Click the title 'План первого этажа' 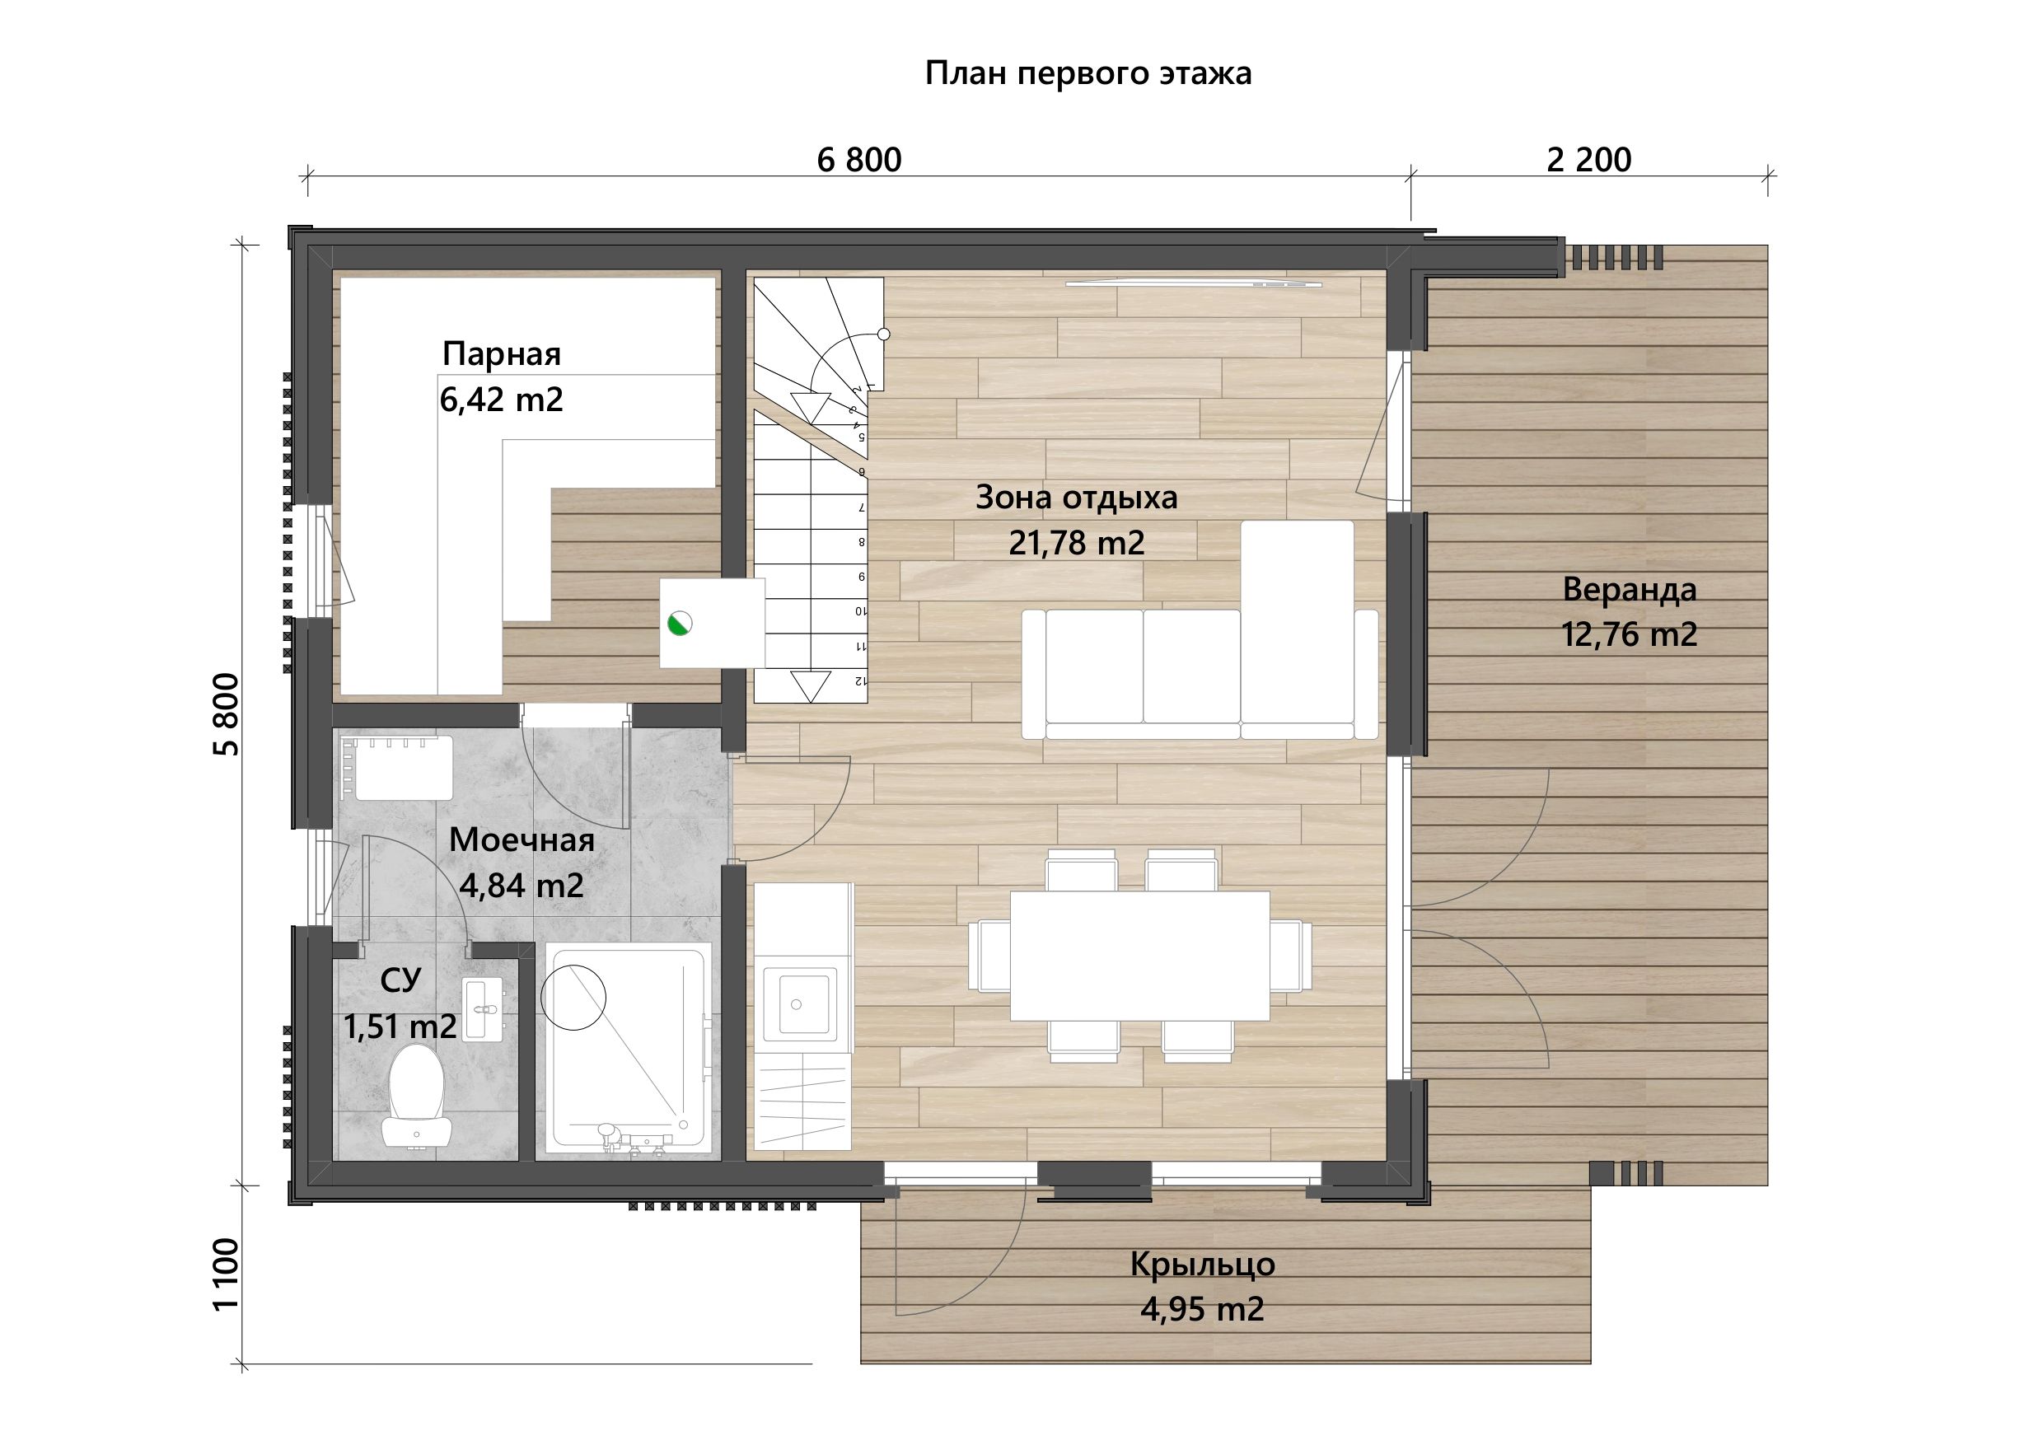pyautogui.click(x=1087, y=74)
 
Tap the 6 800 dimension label pyautogui.click(x=859, y=161)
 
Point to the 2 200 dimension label pyautogui.click(x=1589, y=161)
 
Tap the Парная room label pyautogui.click(x=501, y=354)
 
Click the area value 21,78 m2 pyautogui.click(x=1076, y=542)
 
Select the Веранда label pyautogui.click(x=1629, y=589)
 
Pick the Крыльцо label pyautogui.click(x=1203, y=1265)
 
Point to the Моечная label pyautogui.click(x=522, y=840)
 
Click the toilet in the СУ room pyautogui.click(x=417, y=1096)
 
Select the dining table pyautogui.click(x=1139, y=956)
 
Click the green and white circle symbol pyautogui.click(x=681, y=624)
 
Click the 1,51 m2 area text pyautogui.click(x=400, y=1026)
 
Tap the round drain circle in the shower pyautogui.click(x=573, y=997)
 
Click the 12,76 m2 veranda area pyautogui.click(x=1629, y=635)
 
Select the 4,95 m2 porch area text pyautogui.click(x=1202, y=1310)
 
